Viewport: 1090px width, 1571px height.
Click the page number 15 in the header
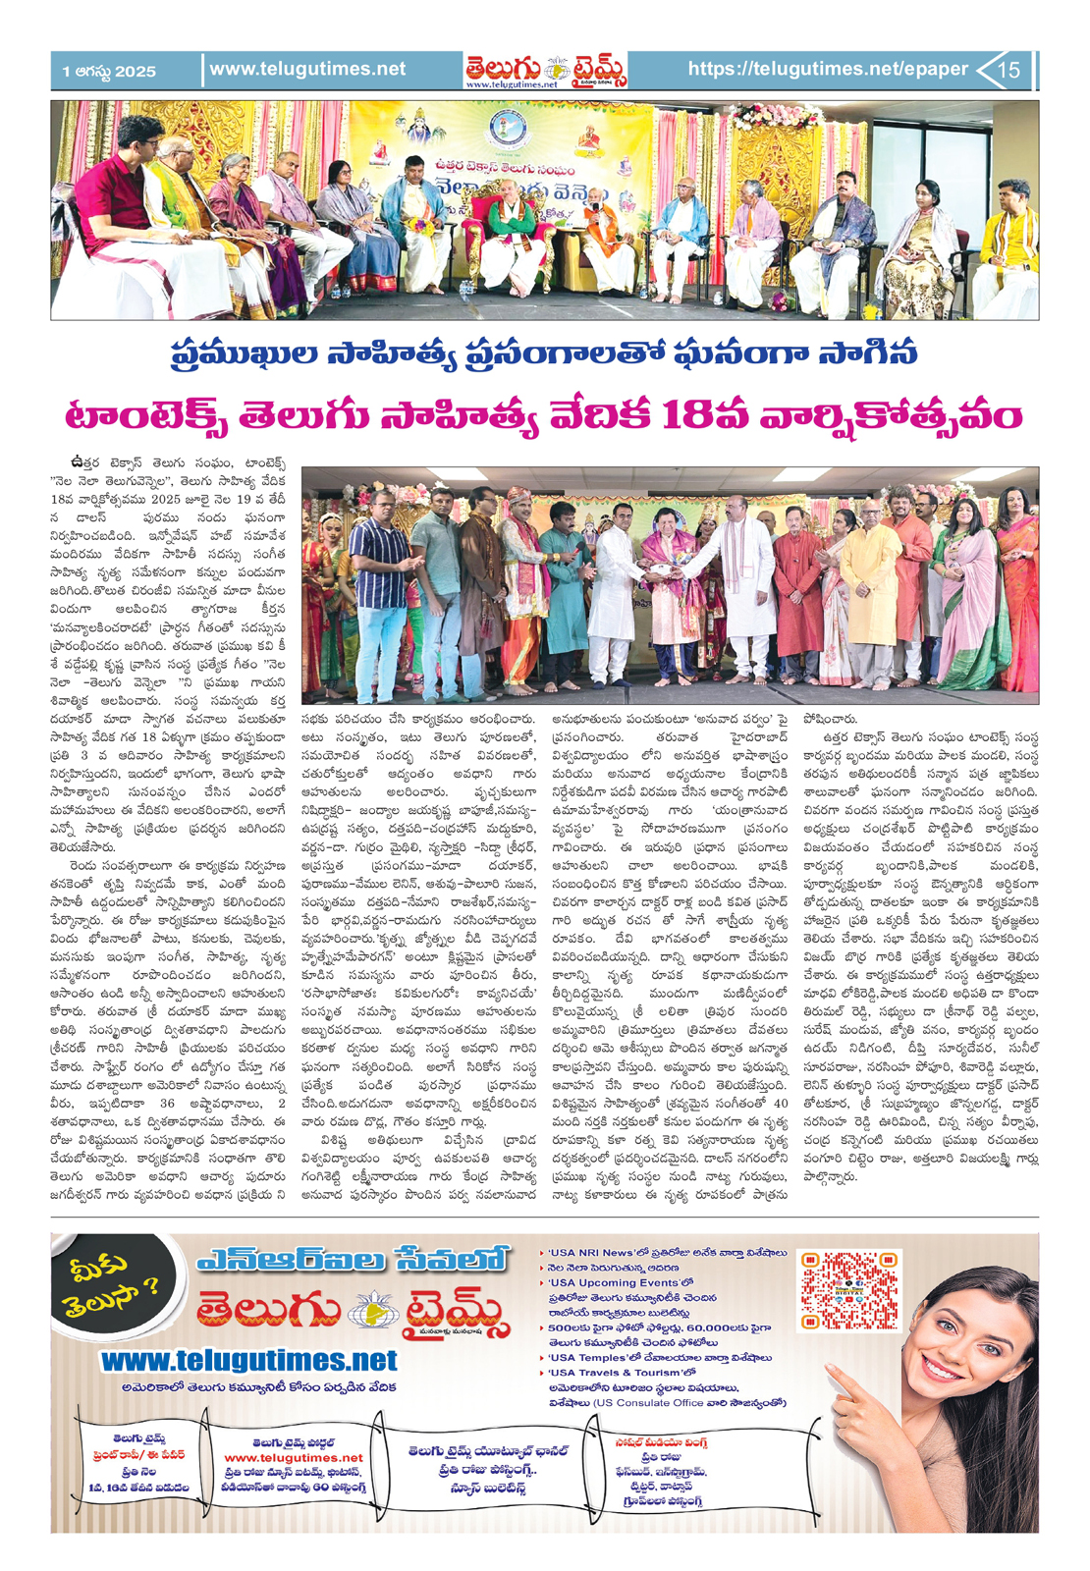[1009, 70]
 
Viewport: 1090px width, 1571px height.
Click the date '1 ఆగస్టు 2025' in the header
[109, 71]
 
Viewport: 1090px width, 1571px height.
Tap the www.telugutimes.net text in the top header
[307, 69]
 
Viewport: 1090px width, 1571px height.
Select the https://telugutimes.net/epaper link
[828, 69]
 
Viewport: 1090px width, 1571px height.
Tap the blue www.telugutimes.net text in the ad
[249, 1361]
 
